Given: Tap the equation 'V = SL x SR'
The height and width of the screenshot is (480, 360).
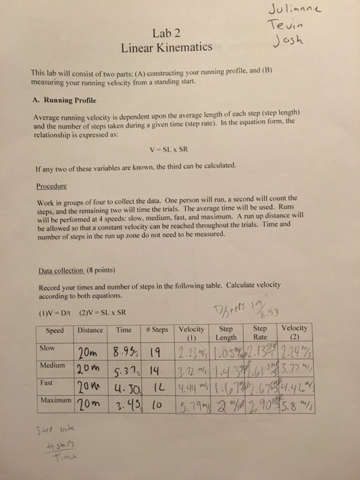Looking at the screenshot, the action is pyautogui.click(x=181, y=149).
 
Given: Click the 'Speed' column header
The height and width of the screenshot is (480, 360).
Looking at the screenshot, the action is pyautogui.click(x=54, y=331).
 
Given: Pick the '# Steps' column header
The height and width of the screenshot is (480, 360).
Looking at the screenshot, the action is pyautogui.click(x=158, y=331).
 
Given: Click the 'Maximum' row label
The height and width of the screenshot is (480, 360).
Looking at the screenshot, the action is pyautogui.click(x=54, y=396).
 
